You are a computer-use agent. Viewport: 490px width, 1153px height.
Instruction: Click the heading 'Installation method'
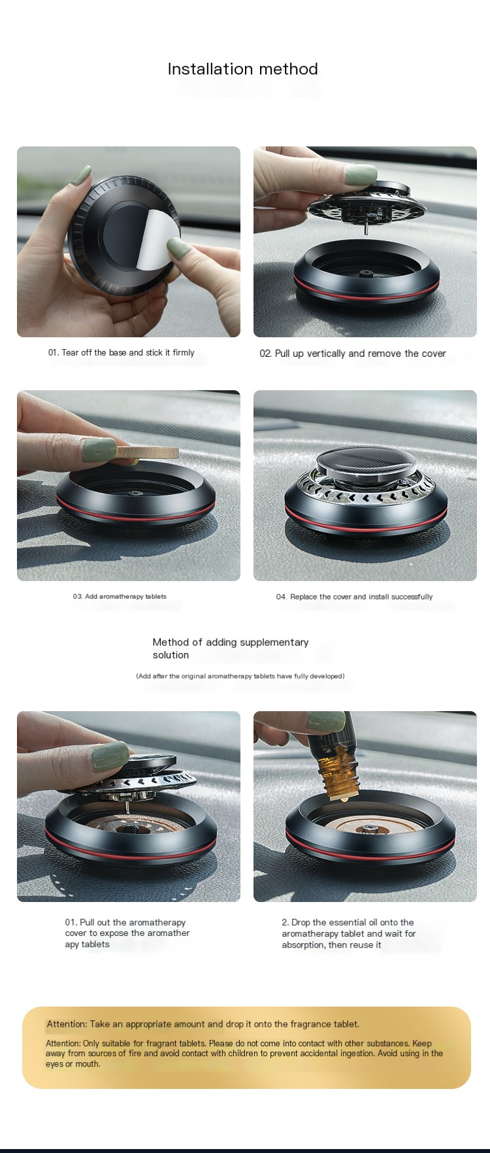click(x=242, y=69)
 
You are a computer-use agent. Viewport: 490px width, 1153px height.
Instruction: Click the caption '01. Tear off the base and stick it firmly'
click(x=121, y=352)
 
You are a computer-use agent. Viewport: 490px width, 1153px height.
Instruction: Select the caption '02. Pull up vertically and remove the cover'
click(x=352, y=354)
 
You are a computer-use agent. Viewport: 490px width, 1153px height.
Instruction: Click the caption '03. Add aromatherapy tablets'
click(x=120, y=596)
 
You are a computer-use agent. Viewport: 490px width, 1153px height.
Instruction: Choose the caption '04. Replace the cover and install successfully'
click(x=354, y=597)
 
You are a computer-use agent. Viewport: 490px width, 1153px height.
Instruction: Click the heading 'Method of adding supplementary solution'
click(x=230, y=648)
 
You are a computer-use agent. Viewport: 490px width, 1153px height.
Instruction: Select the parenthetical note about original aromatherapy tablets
click(x=240, y=676)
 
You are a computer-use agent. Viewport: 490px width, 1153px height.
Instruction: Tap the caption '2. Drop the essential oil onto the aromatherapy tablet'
click(x=348, y=933)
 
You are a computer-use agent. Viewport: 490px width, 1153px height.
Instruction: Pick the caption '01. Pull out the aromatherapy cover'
click(x=127, y=933)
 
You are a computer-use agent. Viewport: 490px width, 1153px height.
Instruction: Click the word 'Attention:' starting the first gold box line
click(x=67, y=1024)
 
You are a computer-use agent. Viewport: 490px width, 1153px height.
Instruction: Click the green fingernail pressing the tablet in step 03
click(x=99, y=448)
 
